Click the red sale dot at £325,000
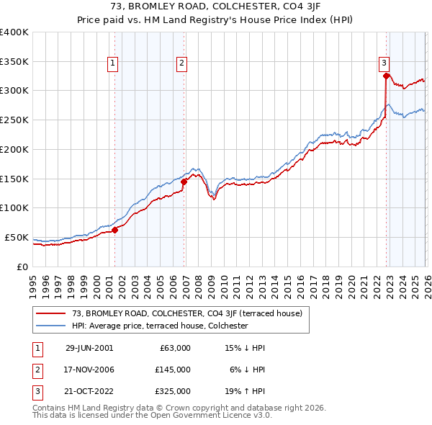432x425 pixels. click(x=387, y=76)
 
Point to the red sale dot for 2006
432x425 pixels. click(x=184, y=182)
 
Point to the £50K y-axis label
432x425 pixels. click(x=17, y=237)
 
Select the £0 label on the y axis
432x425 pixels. click(x=22, y=267)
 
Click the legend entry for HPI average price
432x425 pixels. click(x=160, y=326)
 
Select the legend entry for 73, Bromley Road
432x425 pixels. click(x=192, y=313)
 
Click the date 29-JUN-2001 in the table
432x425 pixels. click(x=89, y=347)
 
